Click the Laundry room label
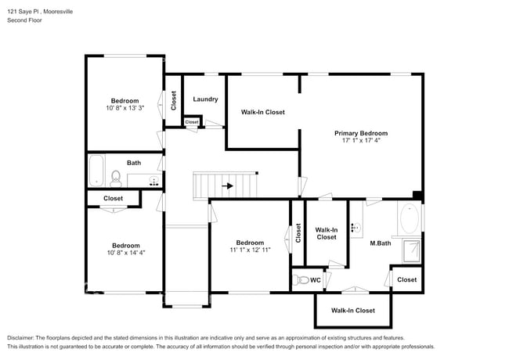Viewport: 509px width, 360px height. click(205, 99)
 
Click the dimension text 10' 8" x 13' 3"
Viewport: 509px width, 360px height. click(125, 108)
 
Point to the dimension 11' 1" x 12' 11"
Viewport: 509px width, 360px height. click(250, 250)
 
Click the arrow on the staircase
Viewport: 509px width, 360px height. click(228, 186)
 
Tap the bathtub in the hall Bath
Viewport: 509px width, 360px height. click(96, 170)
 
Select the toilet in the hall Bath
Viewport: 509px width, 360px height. click(115, 178)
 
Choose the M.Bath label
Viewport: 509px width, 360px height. click(381, 243)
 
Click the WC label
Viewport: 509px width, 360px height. click(316, 279)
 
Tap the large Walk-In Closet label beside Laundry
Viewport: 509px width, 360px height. click(262, 112)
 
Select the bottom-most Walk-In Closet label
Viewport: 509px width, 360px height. click(352, 311)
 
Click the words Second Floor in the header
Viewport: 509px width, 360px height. click(25, 20)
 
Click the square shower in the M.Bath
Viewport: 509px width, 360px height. click(410, 250)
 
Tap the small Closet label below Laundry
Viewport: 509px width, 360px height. click(192, 122)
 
